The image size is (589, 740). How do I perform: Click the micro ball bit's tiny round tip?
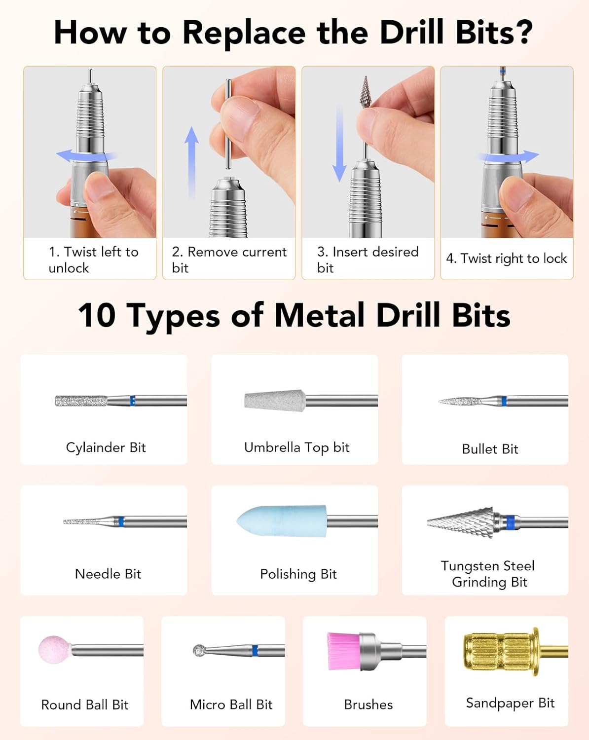coord(199,650)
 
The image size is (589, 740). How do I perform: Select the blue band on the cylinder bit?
coord(133,401)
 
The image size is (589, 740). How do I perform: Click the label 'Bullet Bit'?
coord(490,449)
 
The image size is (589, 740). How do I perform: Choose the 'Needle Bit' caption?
coord(108,574)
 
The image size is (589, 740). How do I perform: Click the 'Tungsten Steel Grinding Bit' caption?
coord(487,574)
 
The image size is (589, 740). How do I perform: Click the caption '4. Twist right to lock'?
coord(506,259)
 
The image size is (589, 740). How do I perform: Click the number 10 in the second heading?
coord(97,315)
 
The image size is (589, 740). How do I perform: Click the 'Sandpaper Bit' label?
coord(510,703)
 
